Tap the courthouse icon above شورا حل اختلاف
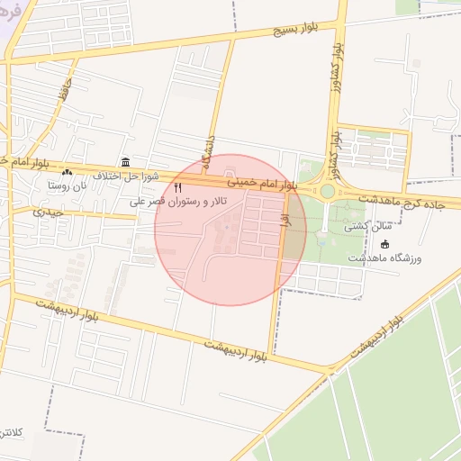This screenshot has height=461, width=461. (x=124, y=162)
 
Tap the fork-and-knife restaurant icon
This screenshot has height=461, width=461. (x=177, y=187)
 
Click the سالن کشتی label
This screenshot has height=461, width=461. (x=365, y=229)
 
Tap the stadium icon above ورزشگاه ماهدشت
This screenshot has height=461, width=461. (x=385, y=244)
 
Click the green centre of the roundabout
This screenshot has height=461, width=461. (x=328, y=191)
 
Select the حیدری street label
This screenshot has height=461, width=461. (x=49, y=212)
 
